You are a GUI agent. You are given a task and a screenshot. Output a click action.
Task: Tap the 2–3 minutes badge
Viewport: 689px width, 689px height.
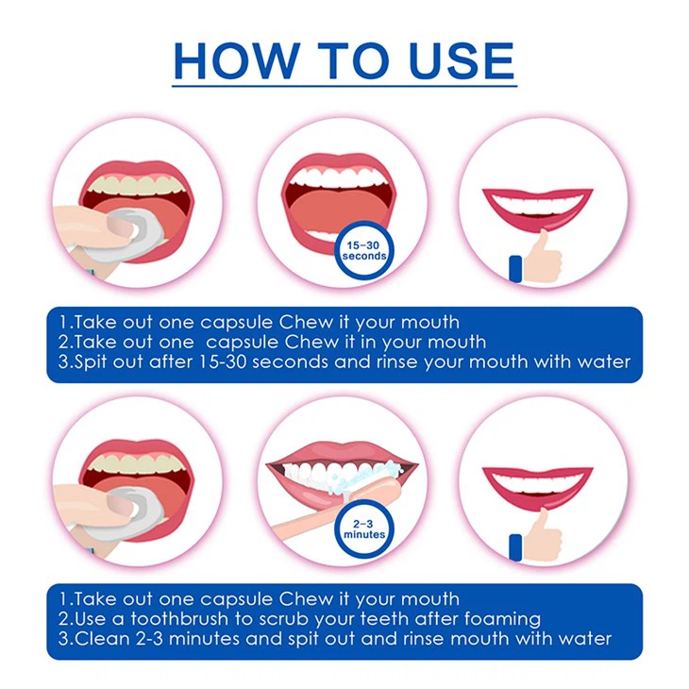coord(364,529)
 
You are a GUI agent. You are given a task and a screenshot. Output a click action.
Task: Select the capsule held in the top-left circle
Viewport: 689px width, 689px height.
coord(132,227)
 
